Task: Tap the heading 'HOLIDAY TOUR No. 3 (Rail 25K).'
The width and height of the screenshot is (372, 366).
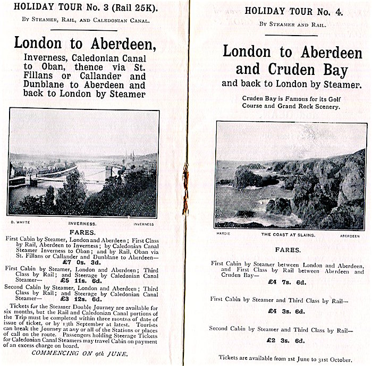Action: pos(82,8)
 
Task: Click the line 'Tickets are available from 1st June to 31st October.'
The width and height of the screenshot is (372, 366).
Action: pos(290,357)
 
